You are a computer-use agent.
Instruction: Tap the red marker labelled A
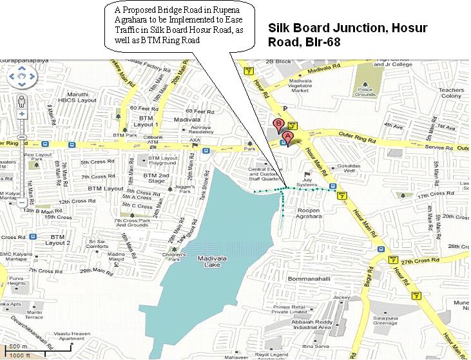coord(288,137)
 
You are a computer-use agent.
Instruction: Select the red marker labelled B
coord(278,123)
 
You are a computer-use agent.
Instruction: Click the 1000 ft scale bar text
coord(20,354)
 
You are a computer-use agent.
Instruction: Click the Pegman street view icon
coord(22,102)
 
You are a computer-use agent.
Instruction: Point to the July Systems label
coord(307,182)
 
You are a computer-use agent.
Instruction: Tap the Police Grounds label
coord(365,91)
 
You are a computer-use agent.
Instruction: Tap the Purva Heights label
coord(17,280)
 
